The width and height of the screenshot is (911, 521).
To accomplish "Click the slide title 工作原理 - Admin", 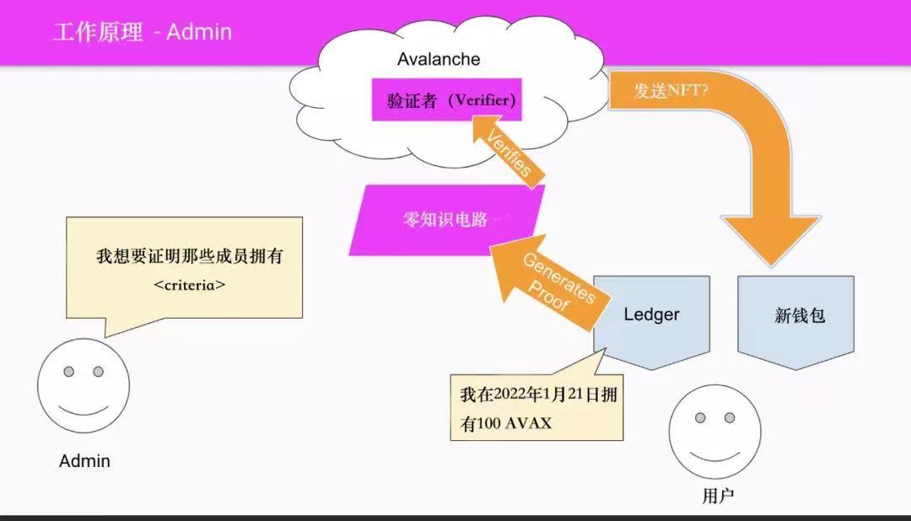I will pos(142,33).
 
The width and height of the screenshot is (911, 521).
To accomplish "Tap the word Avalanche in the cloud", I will pos(439,59).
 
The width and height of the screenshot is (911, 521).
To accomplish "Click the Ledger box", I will pos(651,314).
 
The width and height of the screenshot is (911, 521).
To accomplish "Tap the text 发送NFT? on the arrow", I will pos(671,91).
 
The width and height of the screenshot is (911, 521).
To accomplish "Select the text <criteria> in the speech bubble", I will pos(189,285).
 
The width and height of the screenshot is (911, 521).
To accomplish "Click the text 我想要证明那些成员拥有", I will pos(189,256).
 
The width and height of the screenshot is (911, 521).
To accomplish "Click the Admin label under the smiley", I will pos(84,461).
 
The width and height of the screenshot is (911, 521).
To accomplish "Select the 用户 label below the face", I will pos(718,496).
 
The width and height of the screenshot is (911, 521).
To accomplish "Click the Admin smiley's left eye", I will pos(69,372).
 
